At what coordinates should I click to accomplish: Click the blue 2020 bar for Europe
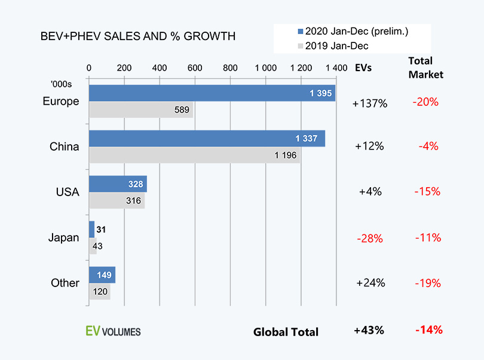pos(212,93)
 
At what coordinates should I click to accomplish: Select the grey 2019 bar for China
pos(194,155)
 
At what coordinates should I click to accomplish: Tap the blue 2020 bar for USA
pos(118,184)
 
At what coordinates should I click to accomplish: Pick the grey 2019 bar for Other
pos(99,292)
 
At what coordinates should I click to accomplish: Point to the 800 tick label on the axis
pos(230,68)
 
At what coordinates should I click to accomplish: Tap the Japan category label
pos(63,237)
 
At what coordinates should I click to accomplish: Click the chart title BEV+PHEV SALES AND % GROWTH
pos(137,36)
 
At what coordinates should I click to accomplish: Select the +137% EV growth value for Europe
pos(370,103)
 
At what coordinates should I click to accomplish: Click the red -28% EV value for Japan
pos(369,238)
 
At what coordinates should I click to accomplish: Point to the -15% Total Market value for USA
pos(427,192)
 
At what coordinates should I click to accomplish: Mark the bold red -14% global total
pos(427,330)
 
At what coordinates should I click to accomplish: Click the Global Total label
pos(286,332)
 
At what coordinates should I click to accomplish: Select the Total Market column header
pos(425,68)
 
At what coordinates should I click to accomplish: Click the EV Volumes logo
pos(114,331)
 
